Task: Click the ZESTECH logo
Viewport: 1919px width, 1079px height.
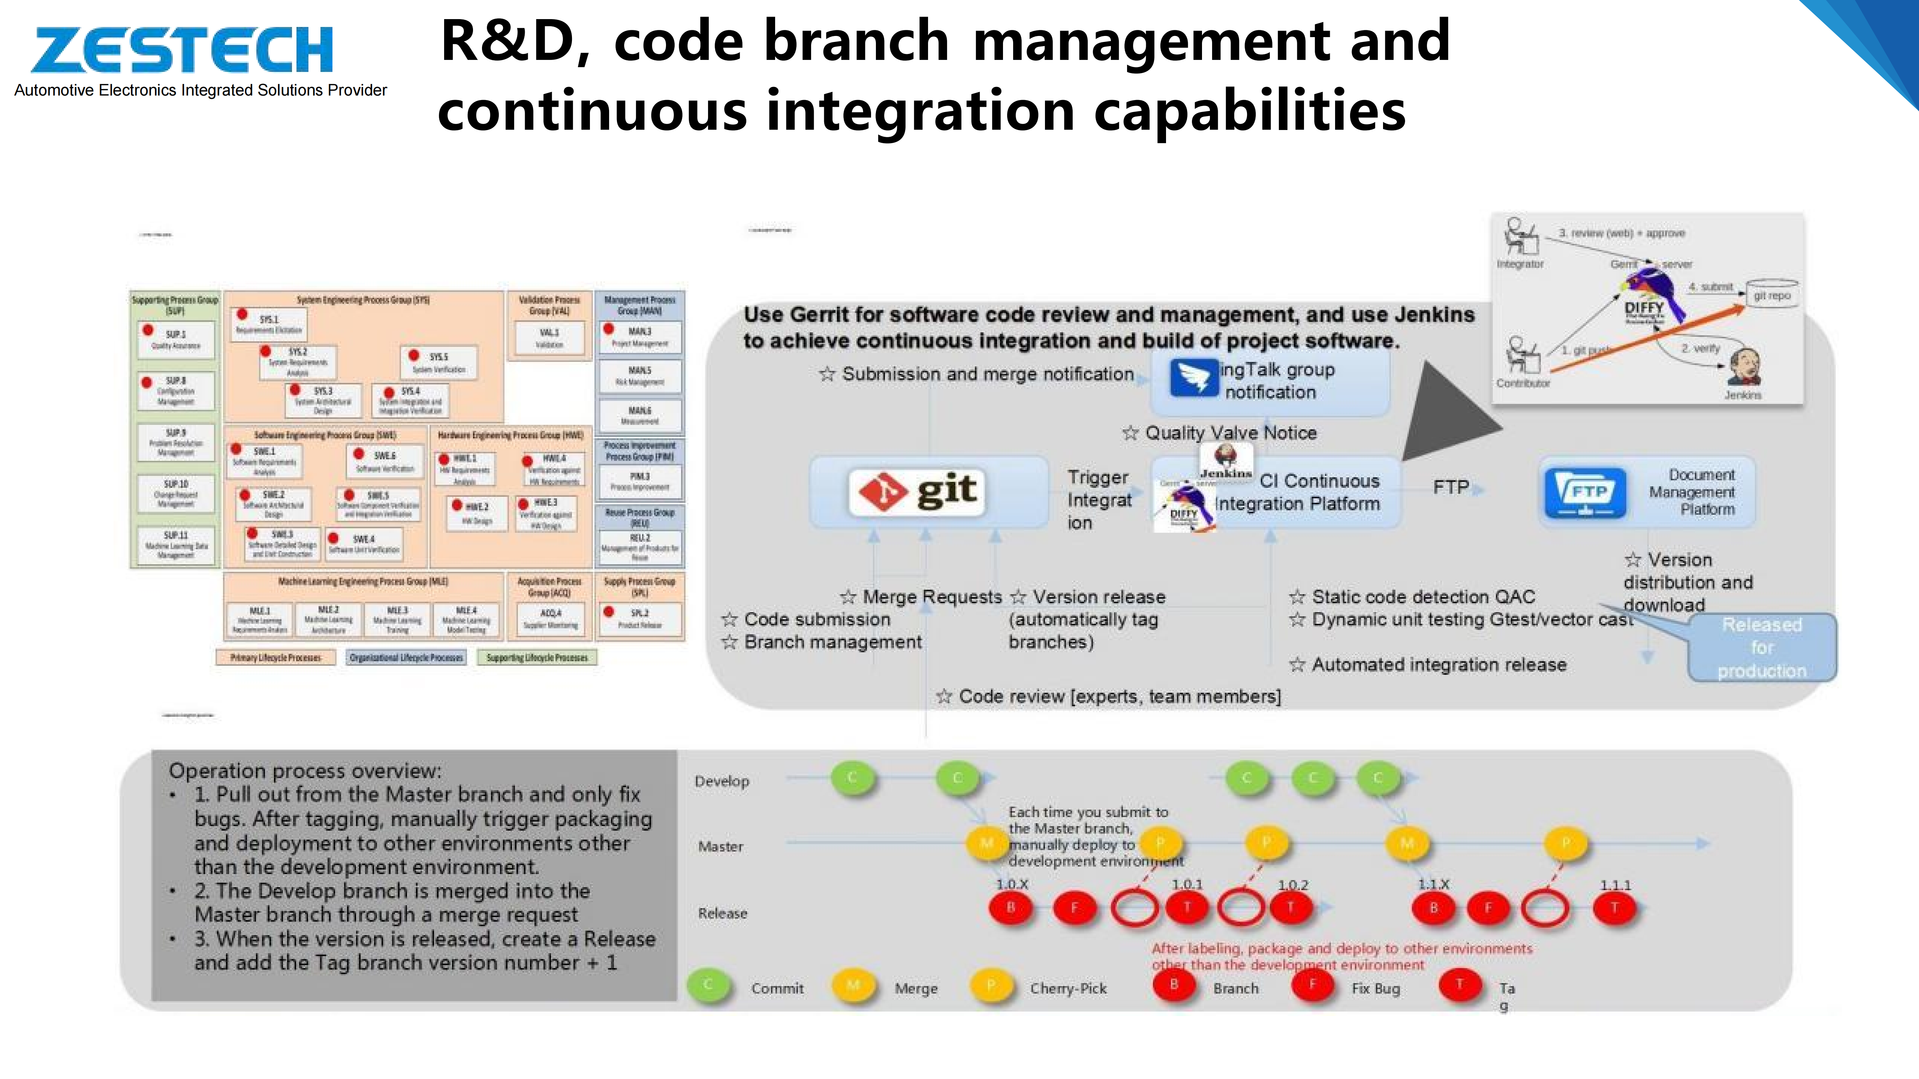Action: pos(182,50)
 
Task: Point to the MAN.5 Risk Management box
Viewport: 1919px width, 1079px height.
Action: pos(639,376)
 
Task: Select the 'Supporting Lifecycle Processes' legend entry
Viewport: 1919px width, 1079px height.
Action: pos(536,658)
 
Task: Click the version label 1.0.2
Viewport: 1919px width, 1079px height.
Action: pos(1293,885)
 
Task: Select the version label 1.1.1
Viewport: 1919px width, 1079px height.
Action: pos(1615,885)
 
